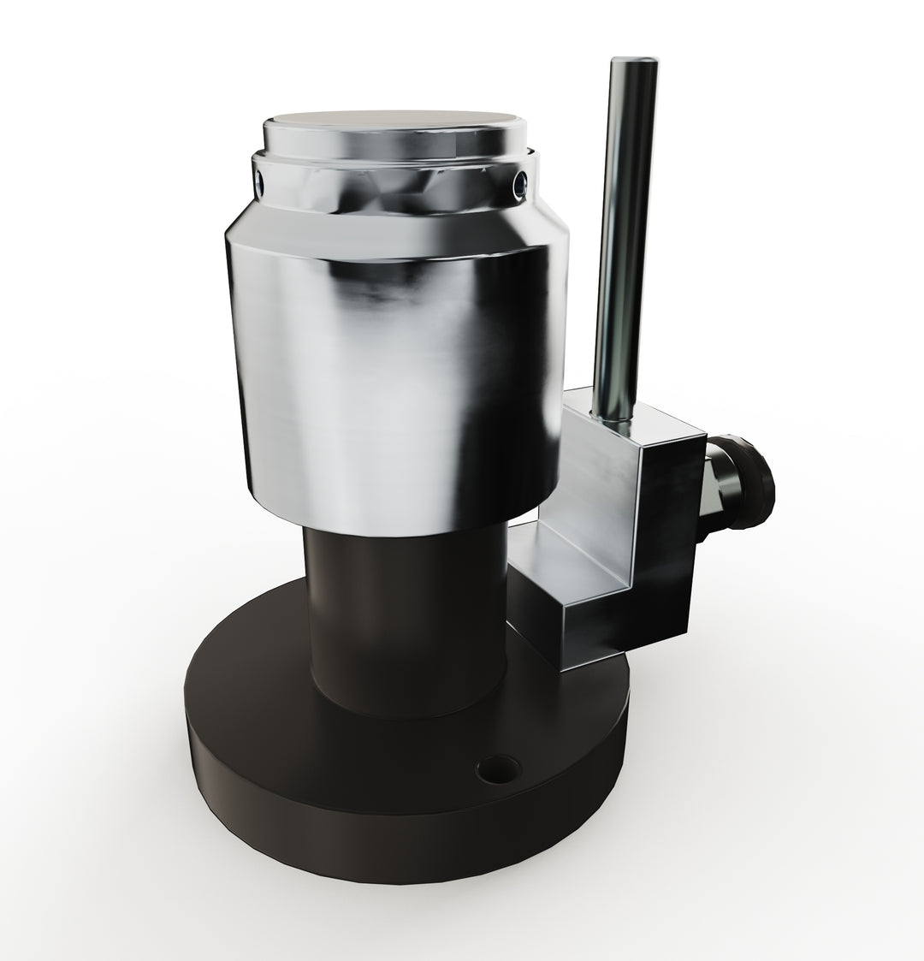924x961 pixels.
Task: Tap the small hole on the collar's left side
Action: coord(259,181)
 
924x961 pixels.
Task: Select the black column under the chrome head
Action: coord(402,616)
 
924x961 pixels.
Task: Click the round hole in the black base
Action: coord(496,768)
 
